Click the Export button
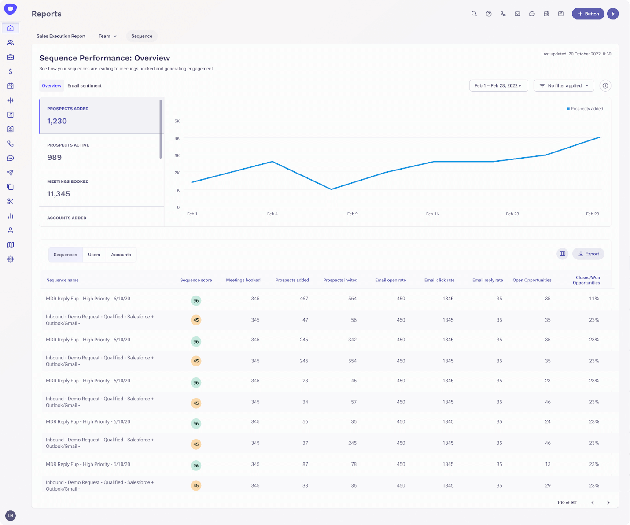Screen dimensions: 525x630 click(x=588, y=254)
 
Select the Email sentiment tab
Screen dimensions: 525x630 click(x=85, y=86)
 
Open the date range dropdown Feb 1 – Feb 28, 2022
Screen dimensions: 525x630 click(x=498, y=86)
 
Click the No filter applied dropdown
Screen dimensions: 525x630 click(x=564, y=86)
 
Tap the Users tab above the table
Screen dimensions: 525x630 click(x=94, y=255)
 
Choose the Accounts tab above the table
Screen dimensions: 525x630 click(x=121, y=255)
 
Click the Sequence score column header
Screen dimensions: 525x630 click(x=196, y=280)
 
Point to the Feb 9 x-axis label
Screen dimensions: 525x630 click(x=352, y=214)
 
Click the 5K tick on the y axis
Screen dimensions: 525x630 click(x=177, y=121)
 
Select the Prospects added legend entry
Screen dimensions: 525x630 click(x=586, y=109)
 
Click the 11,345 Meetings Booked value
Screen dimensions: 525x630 click(x=59, y=194)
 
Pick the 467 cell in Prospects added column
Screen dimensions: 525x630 click(x=304, y=299)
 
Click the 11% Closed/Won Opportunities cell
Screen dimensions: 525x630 click(x=594, y=299)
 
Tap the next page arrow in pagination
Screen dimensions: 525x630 click(x=608, y=503)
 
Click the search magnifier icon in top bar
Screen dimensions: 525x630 click(x=474, y=14)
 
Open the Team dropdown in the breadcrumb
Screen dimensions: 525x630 click(x=107, y=36)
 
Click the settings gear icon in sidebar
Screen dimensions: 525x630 click(x=11, y=259)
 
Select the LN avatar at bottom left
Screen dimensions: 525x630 click(x=11, y=515)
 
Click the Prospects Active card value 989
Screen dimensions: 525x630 click(x=55, y=158)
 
